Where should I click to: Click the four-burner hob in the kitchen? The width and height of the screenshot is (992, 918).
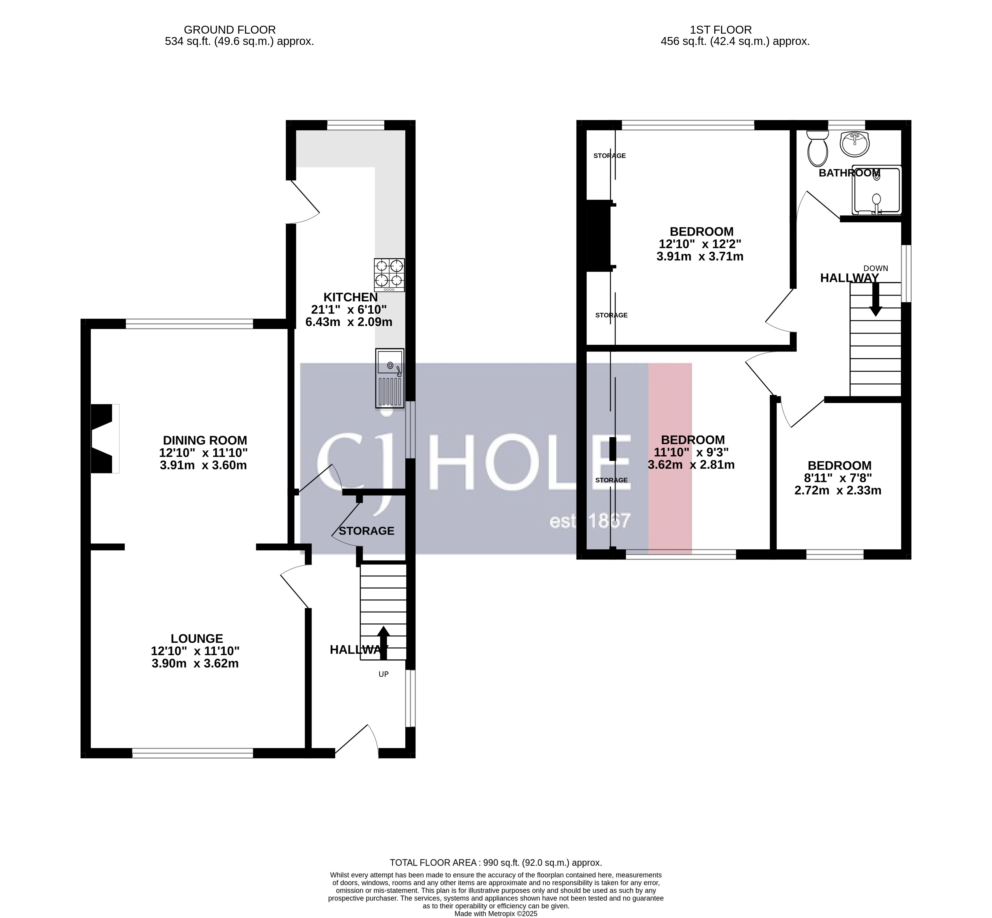coord(389,275)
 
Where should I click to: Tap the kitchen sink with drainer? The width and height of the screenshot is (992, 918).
coord(390,378)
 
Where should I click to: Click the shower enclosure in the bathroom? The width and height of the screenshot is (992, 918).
coord(876,190)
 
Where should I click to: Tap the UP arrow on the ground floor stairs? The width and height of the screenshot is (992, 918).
coord(383,643)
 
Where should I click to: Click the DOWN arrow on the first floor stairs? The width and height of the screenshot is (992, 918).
coord(876,299)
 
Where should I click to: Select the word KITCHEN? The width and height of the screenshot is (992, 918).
coord(350,297)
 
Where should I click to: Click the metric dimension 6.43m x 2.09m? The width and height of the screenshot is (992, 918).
coord(348,322)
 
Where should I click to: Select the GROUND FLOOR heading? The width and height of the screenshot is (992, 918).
coord(230,30)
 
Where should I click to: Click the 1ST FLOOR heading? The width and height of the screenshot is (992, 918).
coord(721,30)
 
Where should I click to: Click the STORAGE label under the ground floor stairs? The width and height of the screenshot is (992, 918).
coord(366,531)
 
